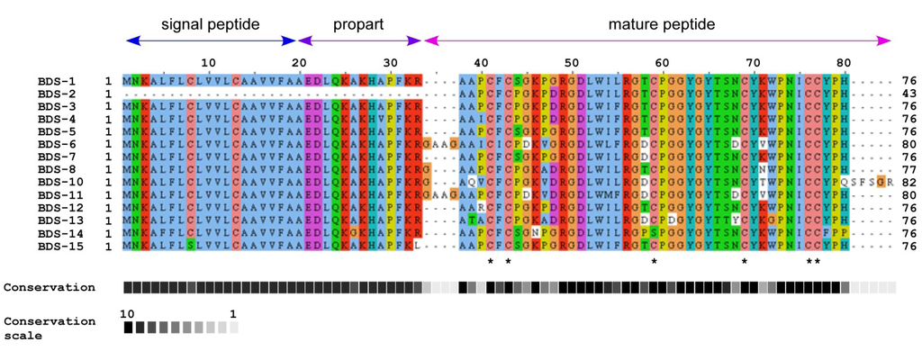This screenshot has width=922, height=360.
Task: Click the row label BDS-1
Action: coord(56,81)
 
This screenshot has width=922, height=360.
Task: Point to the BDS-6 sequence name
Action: coord(56,144)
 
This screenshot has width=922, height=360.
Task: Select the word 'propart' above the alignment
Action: coord(359,24)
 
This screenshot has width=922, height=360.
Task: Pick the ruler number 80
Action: coord(844,61)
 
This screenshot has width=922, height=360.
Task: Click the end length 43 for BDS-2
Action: coord(908,94)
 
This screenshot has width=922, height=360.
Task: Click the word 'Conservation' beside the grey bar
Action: coord(49,288)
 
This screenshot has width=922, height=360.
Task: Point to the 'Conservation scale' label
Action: coord(49,328)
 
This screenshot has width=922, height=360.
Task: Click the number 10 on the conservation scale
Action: coord(128,313)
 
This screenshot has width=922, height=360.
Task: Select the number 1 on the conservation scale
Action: coord(233,313)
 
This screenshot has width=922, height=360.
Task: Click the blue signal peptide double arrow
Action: coord(212,40)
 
